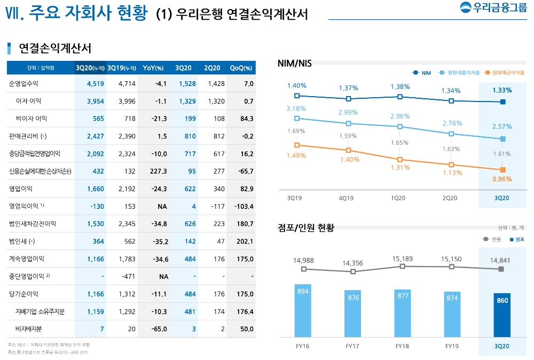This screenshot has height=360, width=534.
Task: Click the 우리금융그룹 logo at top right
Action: tap(492, 9)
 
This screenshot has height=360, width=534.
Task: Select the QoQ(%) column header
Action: tap(241, 68)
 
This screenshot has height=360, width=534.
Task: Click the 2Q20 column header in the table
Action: tap(212, 68)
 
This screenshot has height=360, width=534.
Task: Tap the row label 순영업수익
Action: tap(24, 83)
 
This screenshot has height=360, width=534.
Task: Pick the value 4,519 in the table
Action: tap(95, 83)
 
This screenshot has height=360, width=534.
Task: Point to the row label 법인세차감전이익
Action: tap(33, 224)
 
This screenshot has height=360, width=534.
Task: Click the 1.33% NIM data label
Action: tap(502, 90)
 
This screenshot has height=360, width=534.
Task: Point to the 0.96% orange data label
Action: tap(502, 179)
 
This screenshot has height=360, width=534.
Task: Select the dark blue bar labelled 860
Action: tap(502, 315)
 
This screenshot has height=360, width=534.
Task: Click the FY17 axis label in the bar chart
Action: tap(352, 346)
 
